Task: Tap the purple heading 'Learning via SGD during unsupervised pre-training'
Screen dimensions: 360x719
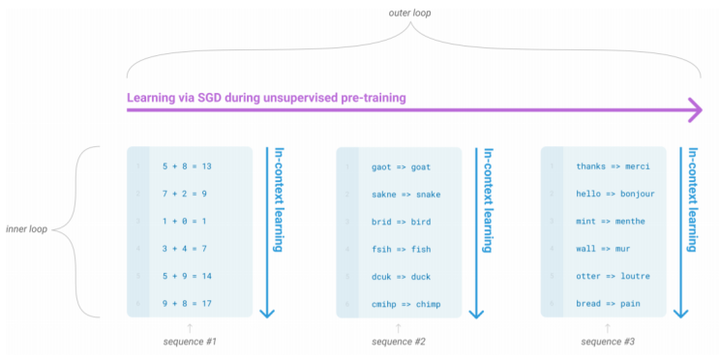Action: coord(266,98)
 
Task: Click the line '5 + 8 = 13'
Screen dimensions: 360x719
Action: coord(187,165)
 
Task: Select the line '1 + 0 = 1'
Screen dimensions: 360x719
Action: coord(184,221)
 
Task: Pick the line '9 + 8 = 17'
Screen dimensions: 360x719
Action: coord(187,303)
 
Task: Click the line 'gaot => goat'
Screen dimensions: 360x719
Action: coord(401,166)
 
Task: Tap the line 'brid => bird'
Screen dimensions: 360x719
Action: coord(401,221)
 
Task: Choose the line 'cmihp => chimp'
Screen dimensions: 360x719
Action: coord(405,304)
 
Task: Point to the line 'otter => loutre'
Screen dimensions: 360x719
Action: coord(613,276)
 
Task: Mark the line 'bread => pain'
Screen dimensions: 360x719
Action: coord(608,304)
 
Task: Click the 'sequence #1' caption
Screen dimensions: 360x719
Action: coord(190,342)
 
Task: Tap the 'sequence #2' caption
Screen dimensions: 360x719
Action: coord(399,342)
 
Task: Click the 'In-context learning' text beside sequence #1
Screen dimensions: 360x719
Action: coord(278,200)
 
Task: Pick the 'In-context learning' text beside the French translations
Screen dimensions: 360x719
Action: coord(692,200)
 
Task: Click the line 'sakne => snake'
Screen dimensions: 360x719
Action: coord(405,194)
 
